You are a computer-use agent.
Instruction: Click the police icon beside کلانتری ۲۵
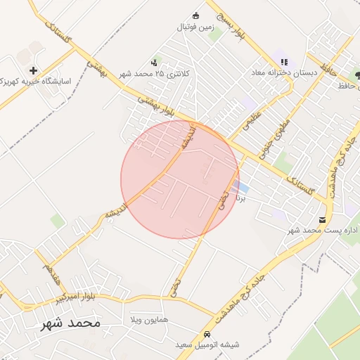pyautogui.click(x=154, y=63)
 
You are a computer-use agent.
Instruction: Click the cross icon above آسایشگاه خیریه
pyautogui.click(x=34, y=70)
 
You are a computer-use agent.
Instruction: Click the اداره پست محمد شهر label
pyautogui.click(x=324, y=230)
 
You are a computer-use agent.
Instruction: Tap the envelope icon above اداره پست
pyautogui.click(x=323, y=219)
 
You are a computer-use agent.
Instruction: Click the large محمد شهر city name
pyautogui.click(x=70, y=323)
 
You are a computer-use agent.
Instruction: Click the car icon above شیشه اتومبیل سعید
pyautogui.click(x=207, y=334)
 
